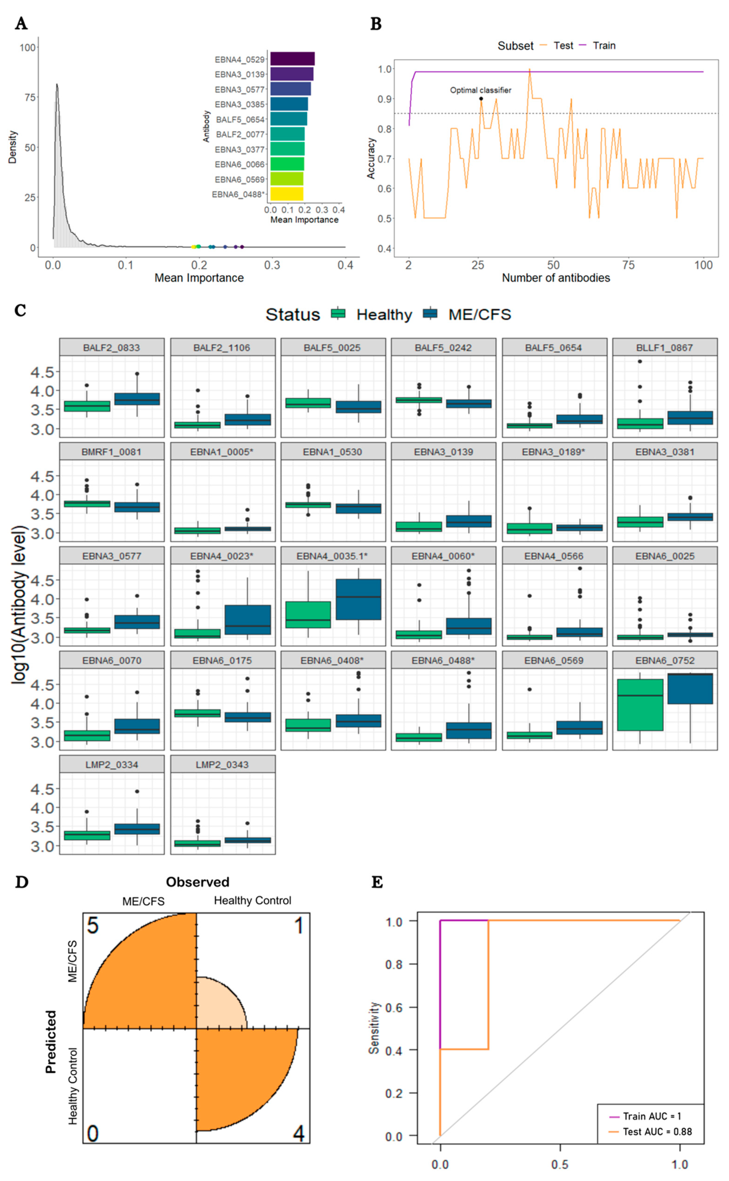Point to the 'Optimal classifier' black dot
click(x=481, y=99)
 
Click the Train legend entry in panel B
click(x=604, y=46)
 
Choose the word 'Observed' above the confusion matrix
click(x=197, y=882)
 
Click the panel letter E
click(x=377, y=882)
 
